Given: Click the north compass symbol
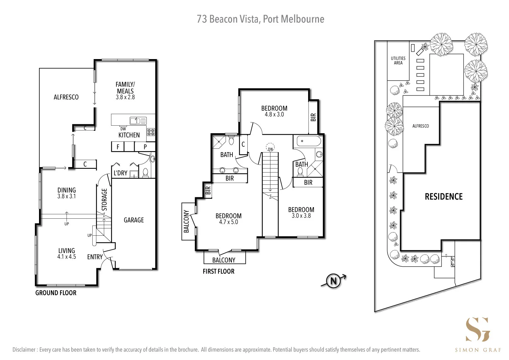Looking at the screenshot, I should coord(333,281).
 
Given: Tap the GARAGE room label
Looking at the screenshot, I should coord(134,220).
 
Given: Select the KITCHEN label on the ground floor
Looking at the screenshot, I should coord(129,135).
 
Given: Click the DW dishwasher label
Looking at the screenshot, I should coord(123,129).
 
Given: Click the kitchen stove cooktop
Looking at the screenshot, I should coord(151,132).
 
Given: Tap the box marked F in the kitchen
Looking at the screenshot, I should coord(118,147).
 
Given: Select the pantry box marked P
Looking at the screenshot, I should coord(145,147).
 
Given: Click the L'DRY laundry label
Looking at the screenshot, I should coord(120,173).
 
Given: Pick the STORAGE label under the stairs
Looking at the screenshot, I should coord(105,200).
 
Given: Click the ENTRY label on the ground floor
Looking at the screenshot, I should coord(95,257).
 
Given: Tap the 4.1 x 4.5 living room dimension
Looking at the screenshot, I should coord(67,257).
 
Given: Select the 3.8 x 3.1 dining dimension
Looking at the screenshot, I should coord(67,196).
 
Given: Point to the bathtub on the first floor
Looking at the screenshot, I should coord(308,141).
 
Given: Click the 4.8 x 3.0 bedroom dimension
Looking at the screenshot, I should coord(274,114).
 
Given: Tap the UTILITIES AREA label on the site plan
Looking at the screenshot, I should coord(398,60).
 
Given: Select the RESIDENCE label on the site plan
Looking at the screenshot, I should coord(444,197).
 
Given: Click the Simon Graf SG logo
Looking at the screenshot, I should coord(478,329).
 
